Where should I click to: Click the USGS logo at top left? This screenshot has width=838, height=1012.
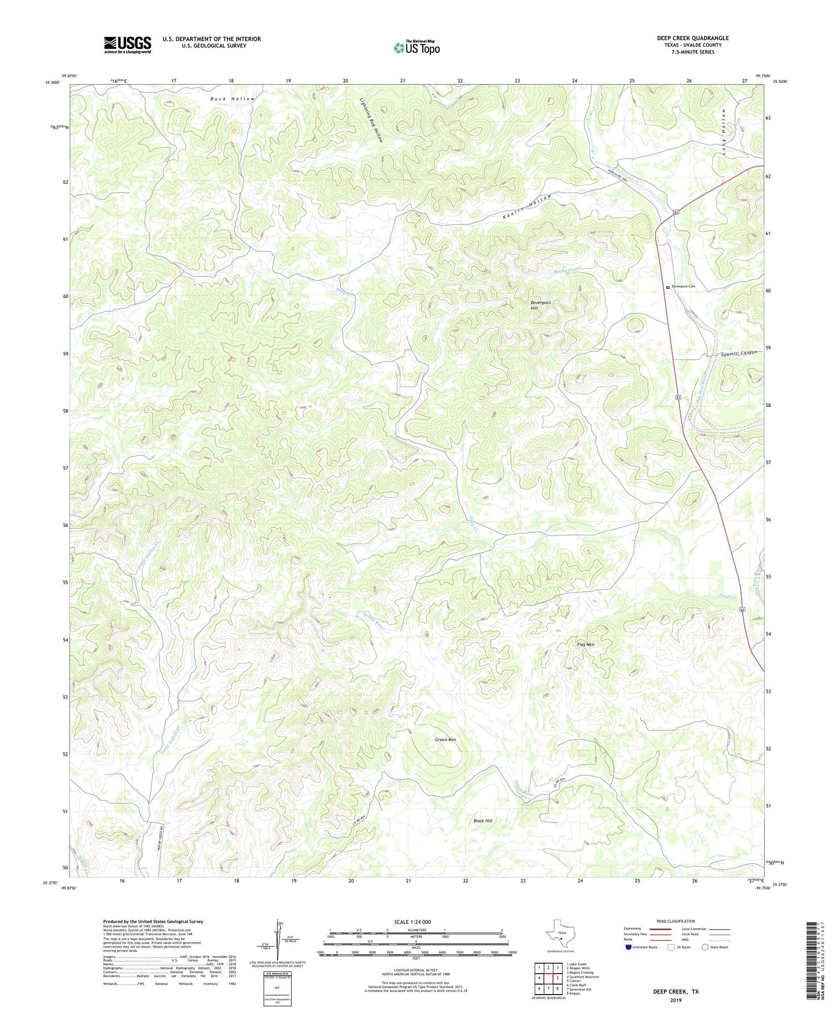click(127, 45)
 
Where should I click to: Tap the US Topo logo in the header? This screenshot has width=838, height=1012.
click(416, 48)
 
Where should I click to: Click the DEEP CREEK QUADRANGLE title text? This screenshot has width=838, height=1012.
click(692, 38)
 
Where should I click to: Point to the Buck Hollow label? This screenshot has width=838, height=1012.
click(232, 99)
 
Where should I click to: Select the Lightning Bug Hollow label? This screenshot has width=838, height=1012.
click(371, 120)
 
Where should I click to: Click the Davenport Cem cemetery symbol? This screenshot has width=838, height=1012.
click(668, 287)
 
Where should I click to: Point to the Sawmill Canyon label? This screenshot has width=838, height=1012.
click(739, 354)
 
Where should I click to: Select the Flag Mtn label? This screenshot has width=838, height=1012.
click(586, 645)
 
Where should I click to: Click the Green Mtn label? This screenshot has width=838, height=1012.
click(445, 740)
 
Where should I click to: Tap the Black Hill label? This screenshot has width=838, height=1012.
click(483, 821)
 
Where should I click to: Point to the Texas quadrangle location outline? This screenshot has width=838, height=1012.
click(560, 935)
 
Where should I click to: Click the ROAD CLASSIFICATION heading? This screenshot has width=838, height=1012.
click(676, 921)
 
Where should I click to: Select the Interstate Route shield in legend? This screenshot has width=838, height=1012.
click(629, 947)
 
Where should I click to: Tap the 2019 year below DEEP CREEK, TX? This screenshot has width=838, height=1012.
click(676, 1000)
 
